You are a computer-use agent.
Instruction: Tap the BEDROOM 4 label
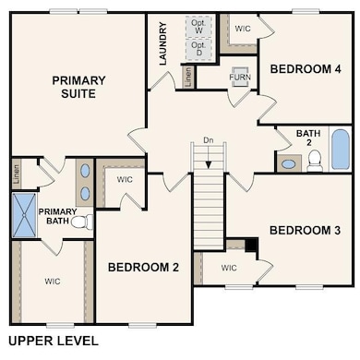tap(298, 68)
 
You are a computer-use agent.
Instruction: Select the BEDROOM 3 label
tap(300, 230)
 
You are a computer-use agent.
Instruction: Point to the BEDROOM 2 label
tap(143, 268)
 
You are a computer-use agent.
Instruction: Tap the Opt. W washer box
tap(198, 25)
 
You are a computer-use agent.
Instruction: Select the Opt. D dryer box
tap(198, 50)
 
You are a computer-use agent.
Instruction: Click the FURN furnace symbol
tap(240, 77)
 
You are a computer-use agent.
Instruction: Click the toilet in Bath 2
tap(314, 162)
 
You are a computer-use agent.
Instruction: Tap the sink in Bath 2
tap(289, 163)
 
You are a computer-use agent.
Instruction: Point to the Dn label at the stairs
tap(210, 140)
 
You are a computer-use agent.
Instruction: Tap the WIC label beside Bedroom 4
tap(243, 29)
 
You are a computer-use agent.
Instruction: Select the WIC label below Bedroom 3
tap(229, 269)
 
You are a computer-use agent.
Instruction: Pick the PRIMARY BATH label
tap(57, 217)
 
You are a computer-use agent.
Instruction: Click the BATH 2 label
tap(308, 138)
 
